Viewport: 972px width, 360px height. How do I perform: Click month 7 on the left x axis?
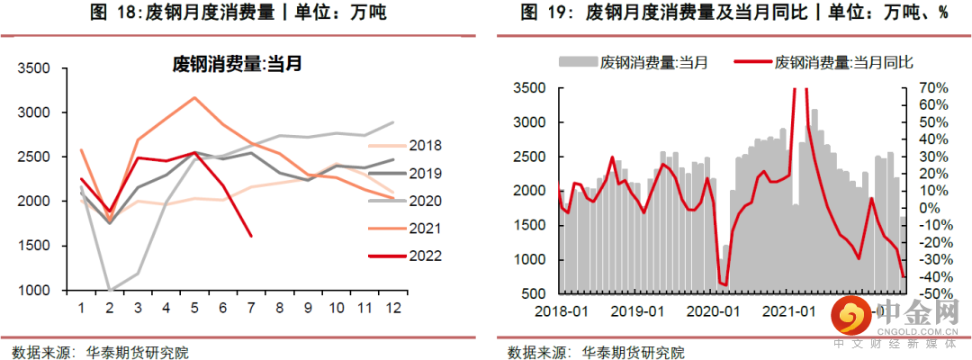pyautogui.click(x=251, y=309)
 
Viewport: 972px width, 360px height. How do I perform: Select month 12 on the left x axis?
pyautogui.click(x=391, y=309)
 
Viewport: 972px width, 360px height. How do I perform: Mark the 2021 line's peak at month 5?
pyautogui.click(x=194, y=97)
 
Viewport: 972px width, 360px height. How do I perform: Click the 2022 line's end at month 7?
pyautogui.click(x=251, y=237)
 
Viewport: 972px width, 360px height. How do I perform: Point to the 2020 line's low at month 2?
pyautogui.click(x=110, y=291)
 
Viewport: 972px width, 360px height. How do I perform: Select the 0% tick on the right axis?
pyautogui.click(x=927, y=209)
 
